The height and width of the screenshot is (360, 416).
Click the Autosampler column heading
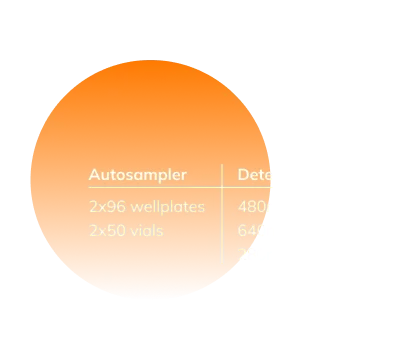(x=137, y=175)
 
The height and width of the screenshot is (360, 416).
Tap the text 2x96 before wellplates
(x=105, y=207)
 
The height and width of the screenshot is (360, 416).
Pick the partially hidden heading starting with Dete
(x=254, y=175)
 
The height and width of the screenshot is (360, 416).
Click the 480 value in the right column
(x=250, y=207)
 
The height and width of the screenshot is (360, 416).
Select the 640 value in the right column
(x=250, y=231)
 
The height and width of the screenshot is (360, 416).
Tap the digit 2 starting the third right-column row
(x=241, y=255)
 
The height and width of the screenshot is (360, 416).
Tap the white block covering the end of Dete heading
(x=290, y=176)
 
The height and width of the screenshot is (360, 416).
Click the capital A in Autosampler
(x=94, y=175)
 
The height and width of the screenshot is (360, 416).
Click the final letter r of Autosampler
(x=184, y=176)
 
